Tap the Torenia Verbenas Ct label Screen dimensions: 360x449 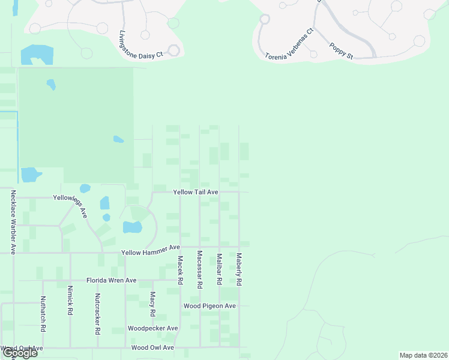(x=289, y=44)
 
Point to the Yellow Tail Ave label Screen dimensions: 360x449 (x=195, y=192)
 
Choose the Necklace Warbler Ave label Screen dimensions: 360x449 (x=13, y=221)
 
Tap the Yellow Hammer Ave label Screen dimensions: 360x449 (x=151, y=250)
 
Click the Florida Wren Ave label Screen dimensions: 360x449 (x=112, y=280)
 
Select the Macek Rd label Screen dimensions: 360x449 (x=179, y=270)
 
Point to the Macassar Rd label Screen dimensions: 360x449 (x=200, y=270)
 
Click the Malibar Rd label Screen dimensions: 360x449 (x=220, y=269)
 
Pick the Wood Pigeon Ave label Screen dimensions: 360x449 (x=209, y=306)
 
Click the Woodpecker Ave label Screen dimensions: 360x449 (x=153, y=328)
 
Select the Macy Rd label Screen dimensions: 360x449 (x=153, y=305)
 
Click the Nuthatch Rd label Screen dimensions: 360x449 (x=43, y=314)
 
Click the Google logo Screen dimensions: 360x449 (x=20, y=353)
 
